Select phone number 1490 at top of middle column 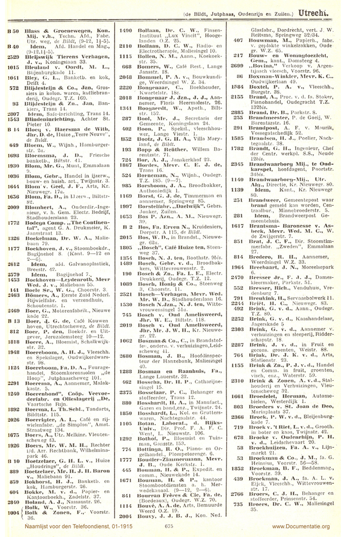pyautogui.click(x=126, y=30)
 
